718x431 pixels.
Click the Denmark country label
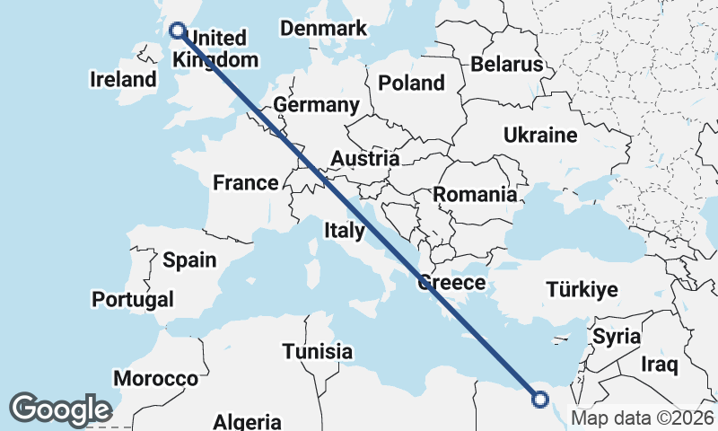pos(323,29)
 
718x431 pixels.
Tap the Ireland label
pos(123,79)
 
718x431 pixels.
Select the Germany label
pos(316,105)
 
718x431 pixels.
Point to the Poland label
pos(411,84)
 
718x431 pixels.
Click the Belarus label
pos(508,65)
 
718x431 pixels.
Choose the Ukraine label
pos(539,136)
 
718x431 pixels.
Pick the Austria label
pos(364,159)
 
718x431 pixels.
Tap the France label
pos(246,183)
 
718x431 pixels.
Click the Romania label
pos(475,194)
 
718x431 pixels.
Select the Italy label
pos(344,231)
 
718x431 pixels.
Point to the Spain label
pos(189,260)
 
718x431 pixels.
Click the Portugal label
pos(133,298)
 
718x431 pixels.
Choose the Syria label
pos(616,338)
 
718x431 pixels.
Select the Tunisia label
pos(317,351)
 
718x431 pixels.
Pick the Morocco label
pos(155,379)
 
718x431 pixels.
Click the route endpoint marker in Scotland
pos(178,31)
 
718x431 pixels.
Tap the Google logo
pos(60,409)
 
